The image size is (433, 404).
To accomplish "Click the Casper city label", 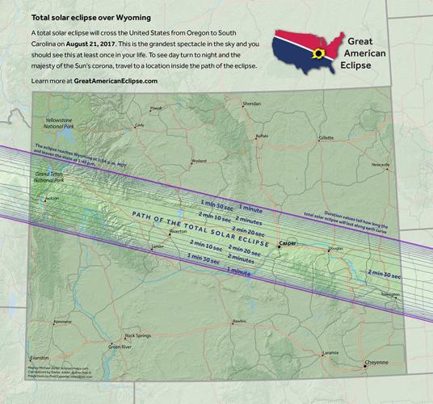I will point(287,242).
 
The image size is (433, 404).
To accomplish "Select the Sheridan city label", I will point(252,104).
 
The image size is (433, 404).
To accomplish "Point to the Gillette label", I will point(326,138).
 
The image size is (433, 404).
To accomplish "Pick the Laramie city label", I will point(330,353).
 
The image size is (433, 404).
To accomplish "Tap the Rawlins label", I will point(238,322).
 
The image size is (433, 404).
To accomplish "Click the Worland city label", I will point(198,161).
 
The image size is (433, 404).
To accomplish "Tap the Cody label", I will point(140,125).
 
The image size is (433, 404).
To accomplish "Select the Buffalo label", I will point(261,136).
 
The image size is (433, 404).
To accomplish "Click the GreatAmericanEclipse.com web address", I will point(116,82).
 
